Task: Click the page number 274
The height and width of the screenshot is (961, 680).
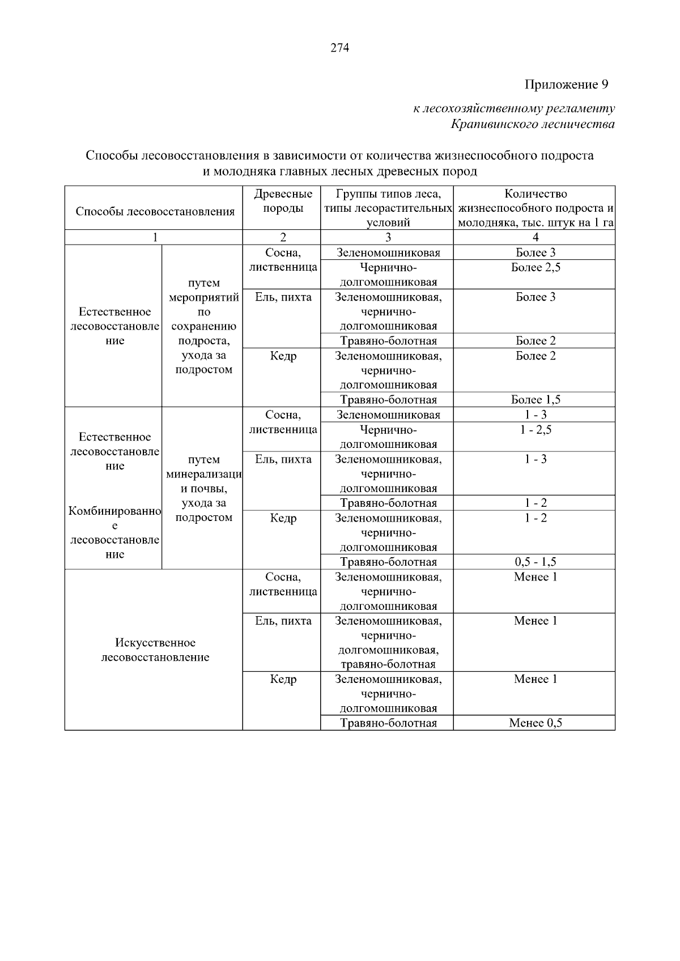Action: (339, 48)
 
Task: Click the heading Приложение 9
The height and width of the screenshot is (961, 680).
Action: (566, 85)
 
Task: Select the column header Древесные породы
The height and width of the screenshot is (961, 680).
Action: (283, 201)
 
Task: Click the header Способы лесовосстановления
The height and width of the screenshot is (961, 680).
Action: (155, 212)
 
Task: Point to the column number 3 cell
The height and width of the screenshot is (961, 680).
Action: (388, 237)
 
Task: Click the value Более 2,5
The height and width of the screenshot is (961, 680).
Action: (535, 267)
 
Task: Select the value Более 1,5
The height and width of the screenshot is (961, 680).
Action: (535, 400)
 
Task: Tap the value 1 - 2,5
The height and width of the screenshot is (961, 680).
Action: (535, 430)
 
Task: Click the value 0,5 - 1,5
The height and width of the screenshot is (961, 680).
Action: (535, 562)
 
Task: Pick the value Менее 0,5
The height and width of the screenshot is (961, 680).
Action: (535, 723)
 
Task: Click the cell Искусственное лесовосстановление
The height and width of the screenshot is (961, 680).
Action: (155, 650)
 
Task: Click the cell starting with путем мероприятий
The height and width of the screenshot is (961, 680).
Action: (203, 326)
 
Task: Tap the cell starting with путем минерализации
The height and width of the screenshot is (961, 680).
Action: (203, 488)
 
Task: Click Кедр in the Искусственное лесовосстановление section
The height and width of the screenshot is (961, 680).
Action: (283, 680)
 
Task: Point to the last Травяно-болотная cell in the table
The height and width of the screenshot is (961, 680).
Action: (388, 723)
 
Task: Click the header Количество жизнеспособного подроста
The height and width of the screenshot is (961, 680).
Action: (535, 208)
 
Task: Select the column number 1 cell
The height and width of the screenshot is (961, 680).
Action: (154, 237)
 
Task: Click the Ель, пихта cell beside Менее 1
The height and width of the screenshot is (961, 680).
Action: (283, 621)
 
